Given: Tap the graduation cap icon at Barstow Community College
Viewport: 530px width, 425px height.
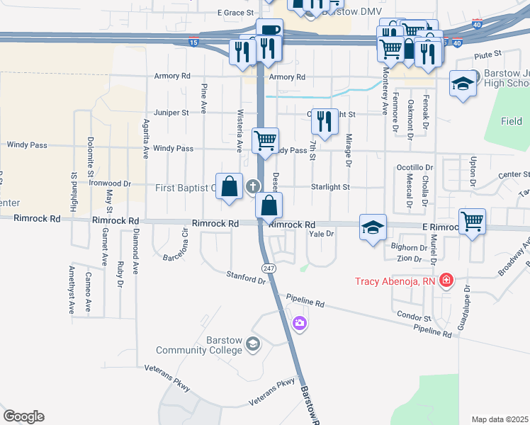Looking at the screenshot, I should (253, 345).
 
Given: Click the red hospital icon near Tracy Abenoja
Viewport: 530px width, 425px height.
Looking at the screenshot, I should (446, 281).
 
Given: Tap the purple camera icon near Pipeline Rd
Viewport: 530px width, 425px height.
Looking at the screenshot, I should (300, 324).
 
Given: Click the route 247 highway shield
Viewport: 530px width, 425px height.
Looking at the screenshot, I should (269, 268).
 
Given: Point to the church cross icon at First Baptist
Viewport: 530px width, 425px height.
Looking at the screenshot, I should (252, 187).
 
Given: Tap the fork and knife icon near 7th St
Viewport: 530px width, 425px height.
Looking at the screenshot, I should (325, 121).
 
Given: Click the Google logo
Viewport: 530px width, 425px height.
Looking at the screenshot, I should (23, 416).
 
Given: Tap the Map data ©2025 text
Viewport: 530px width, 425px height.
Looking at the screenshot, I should (500, 419).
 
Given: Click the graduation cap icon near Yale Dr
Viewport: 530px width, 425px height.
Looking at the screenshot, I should (373, 227).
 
